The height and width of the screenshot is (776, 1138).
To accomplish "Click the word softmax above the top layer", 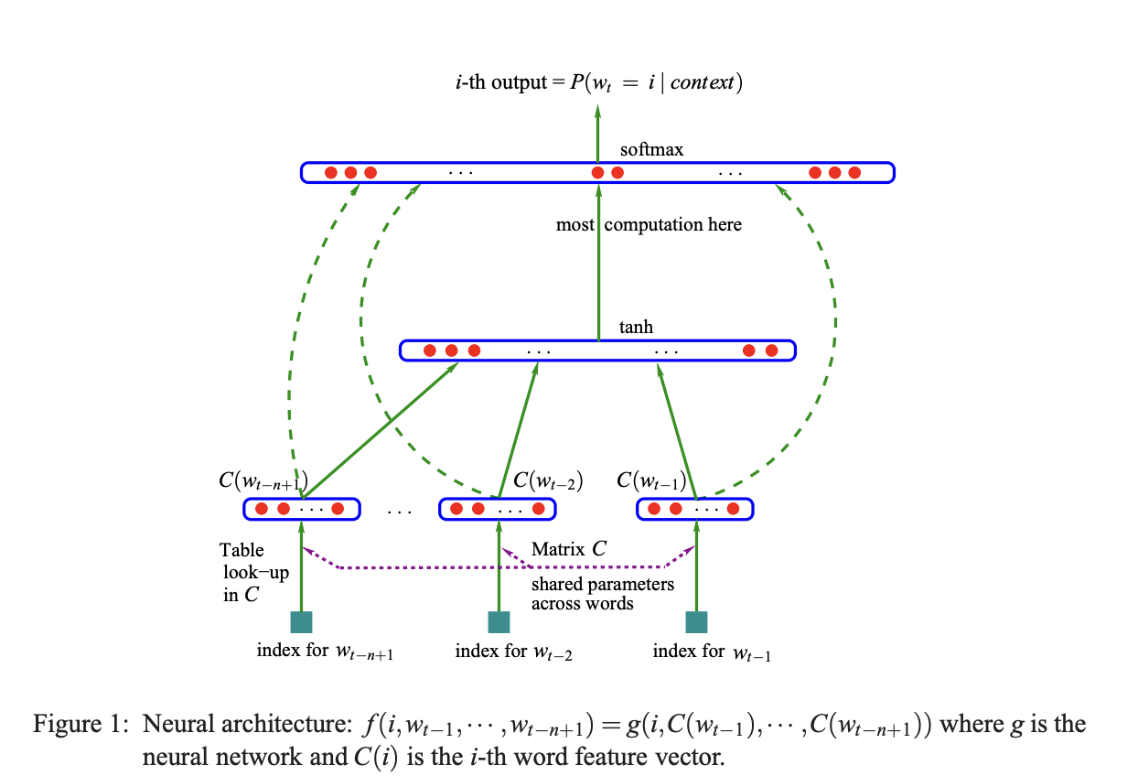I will pyautogui.click(x=651, y=149).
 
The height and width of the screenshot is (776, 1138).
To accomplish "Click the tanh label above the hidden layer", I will pyautogui.click(x=636, y=328).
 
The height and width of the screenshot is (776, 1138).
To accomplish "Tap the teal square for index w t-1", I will pyautogui.click(x=697, y=622).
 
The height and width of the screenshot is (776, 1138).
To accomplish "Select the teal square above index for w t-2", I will pyautogui.click(x=499, y=622).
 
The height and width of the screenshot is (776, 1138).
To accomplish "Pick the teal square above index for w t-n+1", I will pyautogui.click(x=301, y=622).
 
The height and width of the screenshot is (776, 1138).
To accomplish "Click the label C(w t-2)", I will pyautogui.click(x=548, y=480).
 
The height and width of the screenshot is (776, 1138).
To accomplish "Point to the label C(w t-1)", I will pyautogui.click(x=651, y=480).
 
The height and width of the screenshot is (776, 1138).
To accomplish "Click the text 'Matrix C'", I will pyautogui.click(x=568, y=550).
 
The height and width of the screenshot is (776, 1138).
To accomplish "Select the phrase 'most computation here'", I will pyautogui.click(x=649, y=224).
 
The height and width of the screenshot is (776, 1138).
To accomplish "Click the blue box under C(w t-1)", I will pyautogui.click(x=694, y=509).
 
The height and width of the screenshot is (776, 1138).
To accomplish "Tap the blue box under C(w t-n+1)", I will pyautogui.click(x=301, y=509).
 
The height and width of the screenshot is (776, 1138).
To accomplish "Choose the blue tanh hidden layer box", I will pyautogui.click(x=597, y=350).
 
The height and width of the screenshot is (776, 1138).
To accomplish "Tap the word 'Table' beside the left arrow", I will pyautogui.click(x=242, y=550).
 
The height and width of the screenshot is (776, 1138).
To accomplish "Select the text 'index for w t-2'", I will pyautogui.click(x=513, y=652).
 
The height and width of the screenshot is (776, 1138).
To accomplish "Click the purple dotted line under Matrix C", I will pyautogui.click(x=499, y=568).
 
